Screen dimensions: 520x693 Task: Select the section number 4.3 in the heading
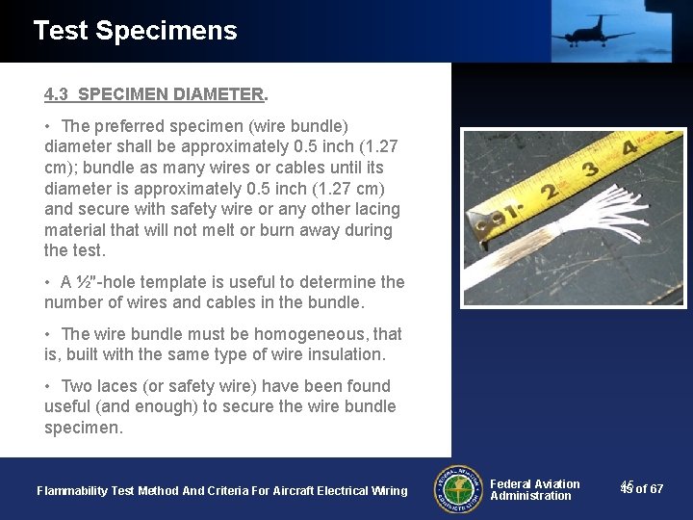click(x=56, y=94)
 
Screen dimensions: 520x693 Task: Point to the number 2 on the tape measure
click(x=551, y=191)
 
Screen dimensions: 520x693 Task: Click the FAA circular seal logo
click(x=458, y=489)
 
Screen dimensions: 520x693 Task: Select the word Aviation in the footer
click(x=557, y=484)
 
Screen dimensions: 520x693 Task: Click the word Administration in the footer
click(x=530, y=496)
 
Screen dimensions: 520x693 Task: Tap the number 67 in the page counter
click(x=656, y=489)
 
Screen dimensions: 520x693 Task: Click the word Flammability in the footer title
click(x=72, y=491)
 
